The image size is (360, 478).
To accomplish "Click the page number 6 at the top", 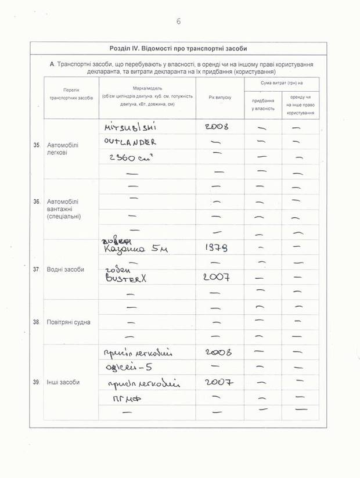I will click(x=178, y=22).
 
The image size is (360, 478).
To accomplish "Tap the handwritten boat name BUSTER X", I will click(x=126, y=278).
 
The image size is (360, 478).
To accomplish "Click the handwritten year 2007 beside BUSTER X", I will click(x=217, y=278).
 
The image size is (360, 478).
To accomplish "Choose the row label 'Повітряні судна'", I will click(x=69, y=322).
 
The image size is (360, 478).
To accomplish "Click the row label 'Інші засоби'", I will click(x=61, y=382).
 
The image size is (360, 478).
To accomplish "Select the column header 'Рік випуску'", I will click(x=219, y=97).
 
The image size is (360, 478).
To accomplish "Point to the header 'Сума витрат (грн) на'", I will click(x=281, y=84).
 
